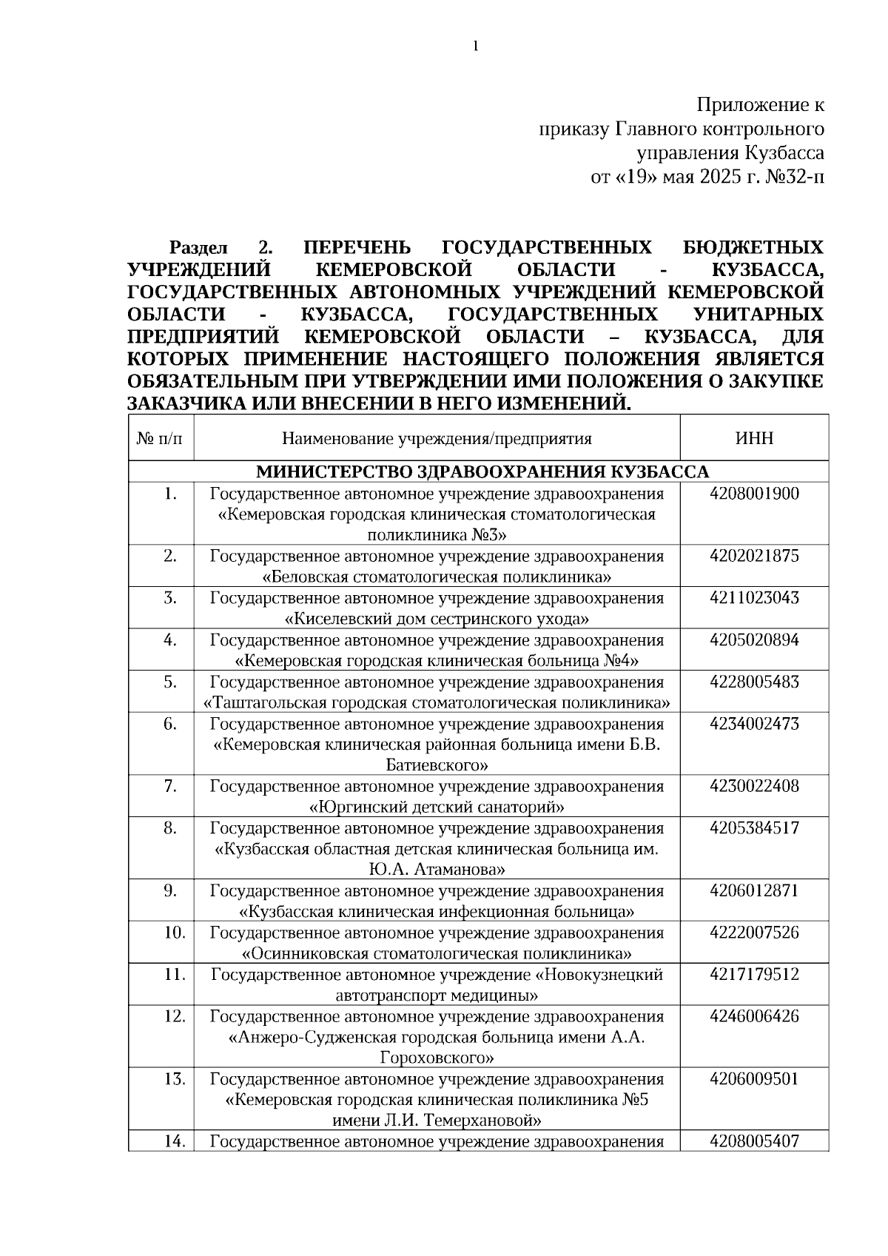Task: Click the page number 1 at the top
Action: point(475,47)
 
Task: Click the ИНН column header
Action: point(754,438)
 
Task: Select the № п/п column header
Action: point(161,438)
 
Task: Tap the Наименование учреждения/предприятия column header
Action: point(437,438)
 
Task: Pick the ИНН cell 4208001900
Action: point(754,494)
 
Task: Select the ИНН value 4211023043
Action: point(754,598)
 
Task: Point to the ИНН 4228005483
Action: point(754,682)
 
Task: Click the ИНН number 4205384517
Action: point(754,827)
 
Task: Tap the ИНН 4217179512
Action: point(754,974)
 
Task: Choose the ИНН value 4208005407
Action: point(754,1141)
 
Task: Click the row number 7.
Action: point(170,786)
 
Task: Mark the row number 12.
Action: point(174,1016)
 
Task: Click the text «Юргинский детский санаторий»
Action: point(437,807)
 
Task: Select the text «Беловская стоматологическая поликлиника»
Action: point(437,577)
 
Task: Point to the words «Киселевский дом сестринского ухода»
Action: point(437,619)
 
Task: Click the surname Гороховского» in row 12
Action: point(437,1058)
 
